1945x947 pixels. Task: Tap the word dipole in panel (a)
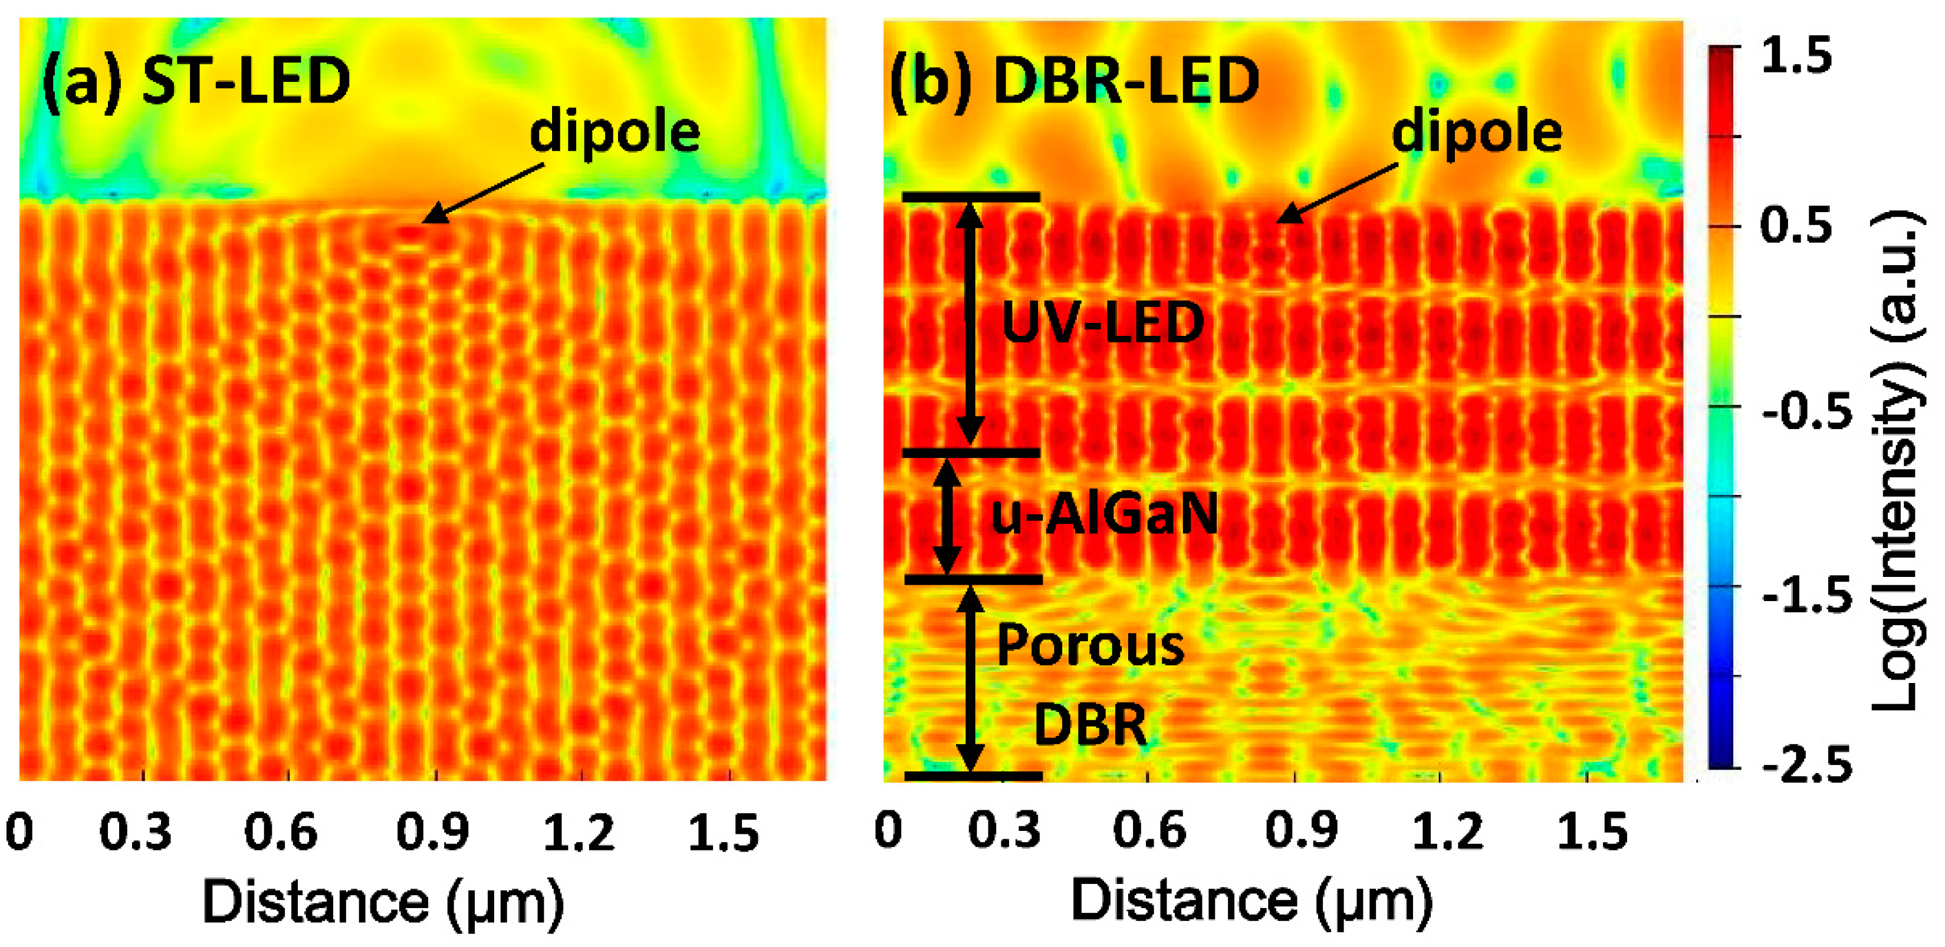[615, 133]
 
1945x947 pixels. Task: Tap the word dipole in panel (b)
[1477, 133]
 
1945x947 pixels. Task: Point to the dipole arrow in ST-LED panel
[483, 193]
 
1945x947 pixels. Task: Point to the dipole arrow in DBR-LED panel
[1336, 193]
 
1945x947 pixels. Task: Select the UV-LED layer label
[1102, 323]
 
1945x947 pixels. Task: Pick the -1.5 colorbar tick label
[1808, 596]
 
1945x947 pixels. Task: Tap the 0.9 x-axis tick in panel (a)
[433, 832]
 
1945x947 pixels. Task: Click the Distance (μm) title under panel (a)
[383, 902]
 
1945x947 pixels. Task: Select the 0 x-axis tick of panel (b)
[888, 831]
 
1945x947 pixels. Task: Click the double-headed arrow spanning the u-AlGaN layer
[947, 516]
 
